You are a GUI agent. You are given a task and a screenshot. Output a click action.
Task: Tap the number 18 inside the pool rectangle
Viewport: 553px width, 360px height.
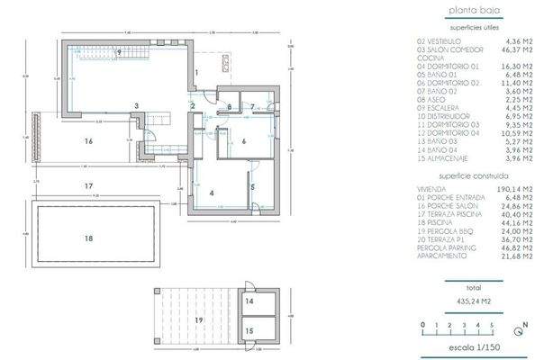pos(88,238)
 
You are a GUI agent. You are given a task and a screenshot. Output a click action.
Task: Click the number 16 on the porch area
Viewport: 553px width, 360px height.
pos(88,141)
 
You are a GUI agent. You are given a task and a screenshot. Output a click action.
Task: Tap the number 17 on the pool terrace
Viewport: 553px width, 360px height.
pos(88,186)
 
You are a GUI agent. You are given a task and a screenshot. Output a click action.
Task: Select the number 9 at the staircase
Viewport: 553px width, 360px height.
pos(118,54)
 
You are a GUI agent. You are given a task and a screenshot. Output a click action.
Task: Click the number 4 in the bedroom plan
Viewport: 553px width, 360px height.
pos(211,193)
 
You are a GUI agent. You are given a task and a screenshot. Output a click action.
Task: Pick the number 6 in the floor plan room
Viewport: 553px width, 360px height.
pos(243,141)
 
